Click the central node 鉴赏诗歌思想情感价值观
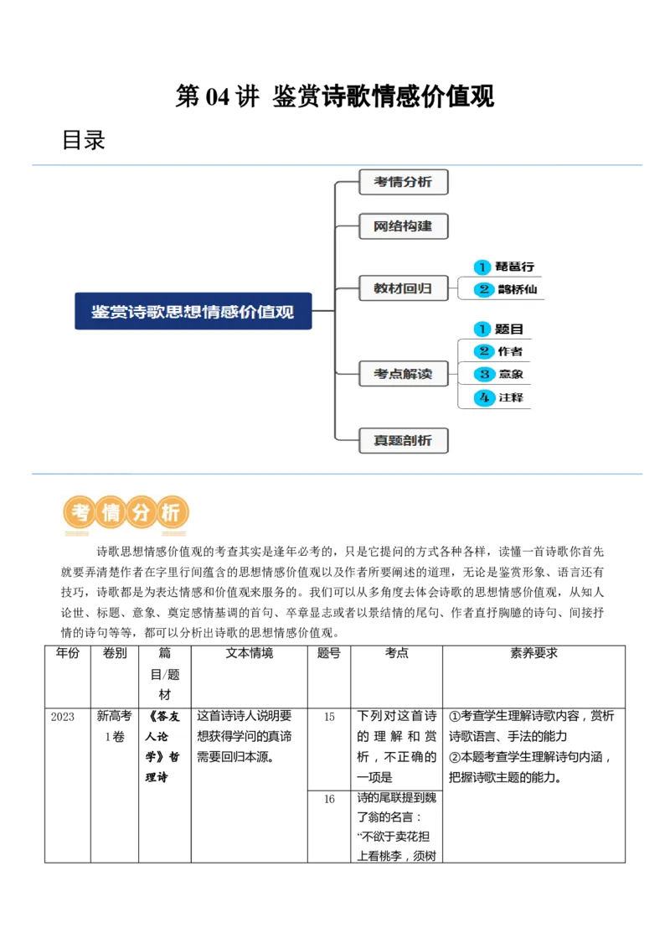[x=193, y=311]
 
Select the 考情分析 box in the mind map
[x=403, y=182]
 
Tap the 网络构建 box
[x=403, y=226]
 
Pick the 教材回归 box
[x=403, y=288]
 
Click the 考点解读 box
[x=403, y=374]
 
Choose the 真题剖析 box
[x=403, y=440]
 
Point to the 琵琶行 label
[x=514, y=267]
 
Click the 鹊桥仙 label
[x=516, y=289]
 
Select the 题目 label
[x=509, y=329]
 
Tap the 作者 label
[x=509, y=351]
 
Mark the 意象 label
[x=510, y=374]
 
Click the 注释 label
[x=510, y=397]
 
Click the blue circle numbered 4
[x=483, y=397]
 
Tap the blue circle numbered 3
[x=483, y=374]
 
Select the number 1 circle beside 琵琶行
[x=482, y=267]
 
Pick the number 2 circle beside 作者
[x=483, y=351]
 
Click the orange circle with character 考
[x=80, y=512]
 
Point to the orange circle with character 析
[x=171, y=512]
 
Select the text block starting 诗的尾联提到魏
[x=397, y=827]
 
